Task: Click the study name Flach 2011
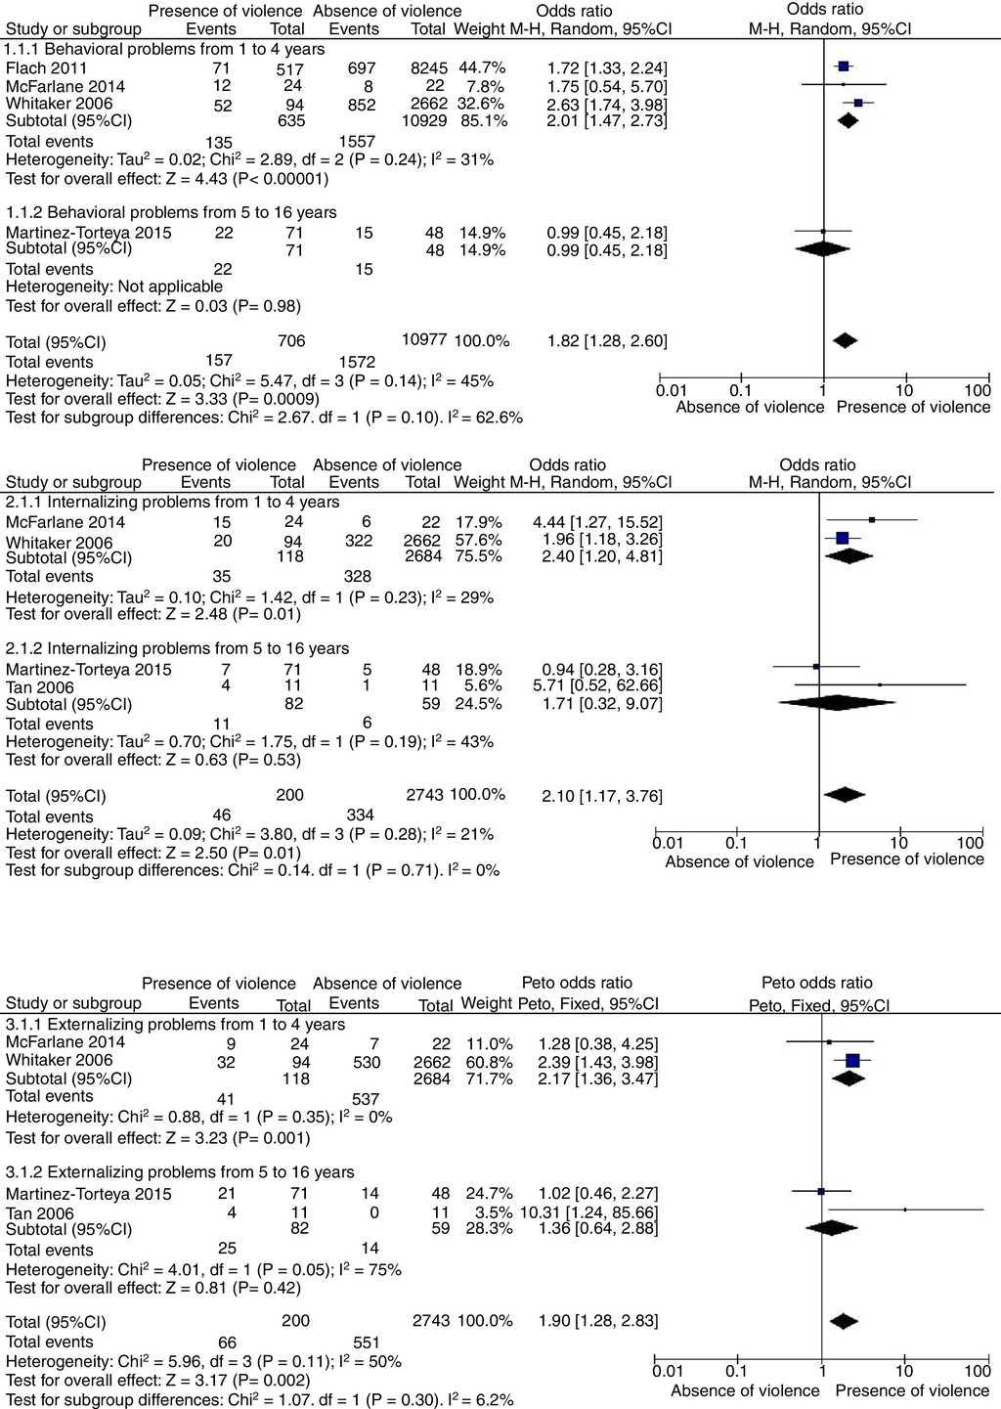[46, 67]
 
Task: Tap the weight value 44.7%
[483, 67]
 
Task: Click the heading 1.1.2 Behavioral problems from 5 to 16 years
[171, 212]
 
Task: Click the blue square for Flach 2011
[843, 66]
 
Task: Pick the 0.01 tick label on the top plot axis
[672, 391]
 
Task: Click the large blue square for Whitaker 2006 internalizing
[843, 538]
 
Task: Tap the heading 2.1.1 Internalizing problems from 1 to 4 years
[173, 502]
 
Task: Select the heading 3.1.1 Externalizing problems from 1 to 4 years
[175, 1024]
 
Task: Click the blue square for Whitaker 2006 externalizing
[852, 1061]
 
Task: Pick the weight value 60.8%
[486, 1061]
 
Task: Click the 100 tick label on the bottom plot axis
[977, 1371]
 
